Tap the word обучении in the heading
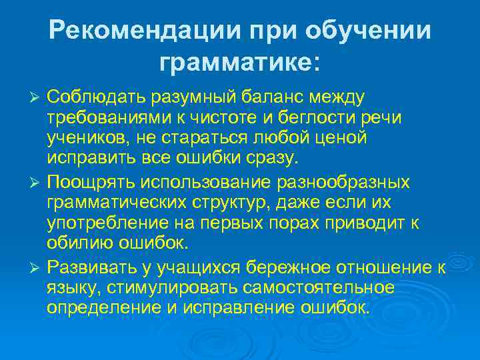click(x=371, y=31)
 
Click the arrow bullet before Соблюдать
click(x=37, y=98)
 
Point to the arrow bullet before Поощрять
click(x=37, y=181)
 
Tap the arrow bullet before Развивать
click(x=37, y=267)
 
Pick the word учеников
click(x=86, y=140)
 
